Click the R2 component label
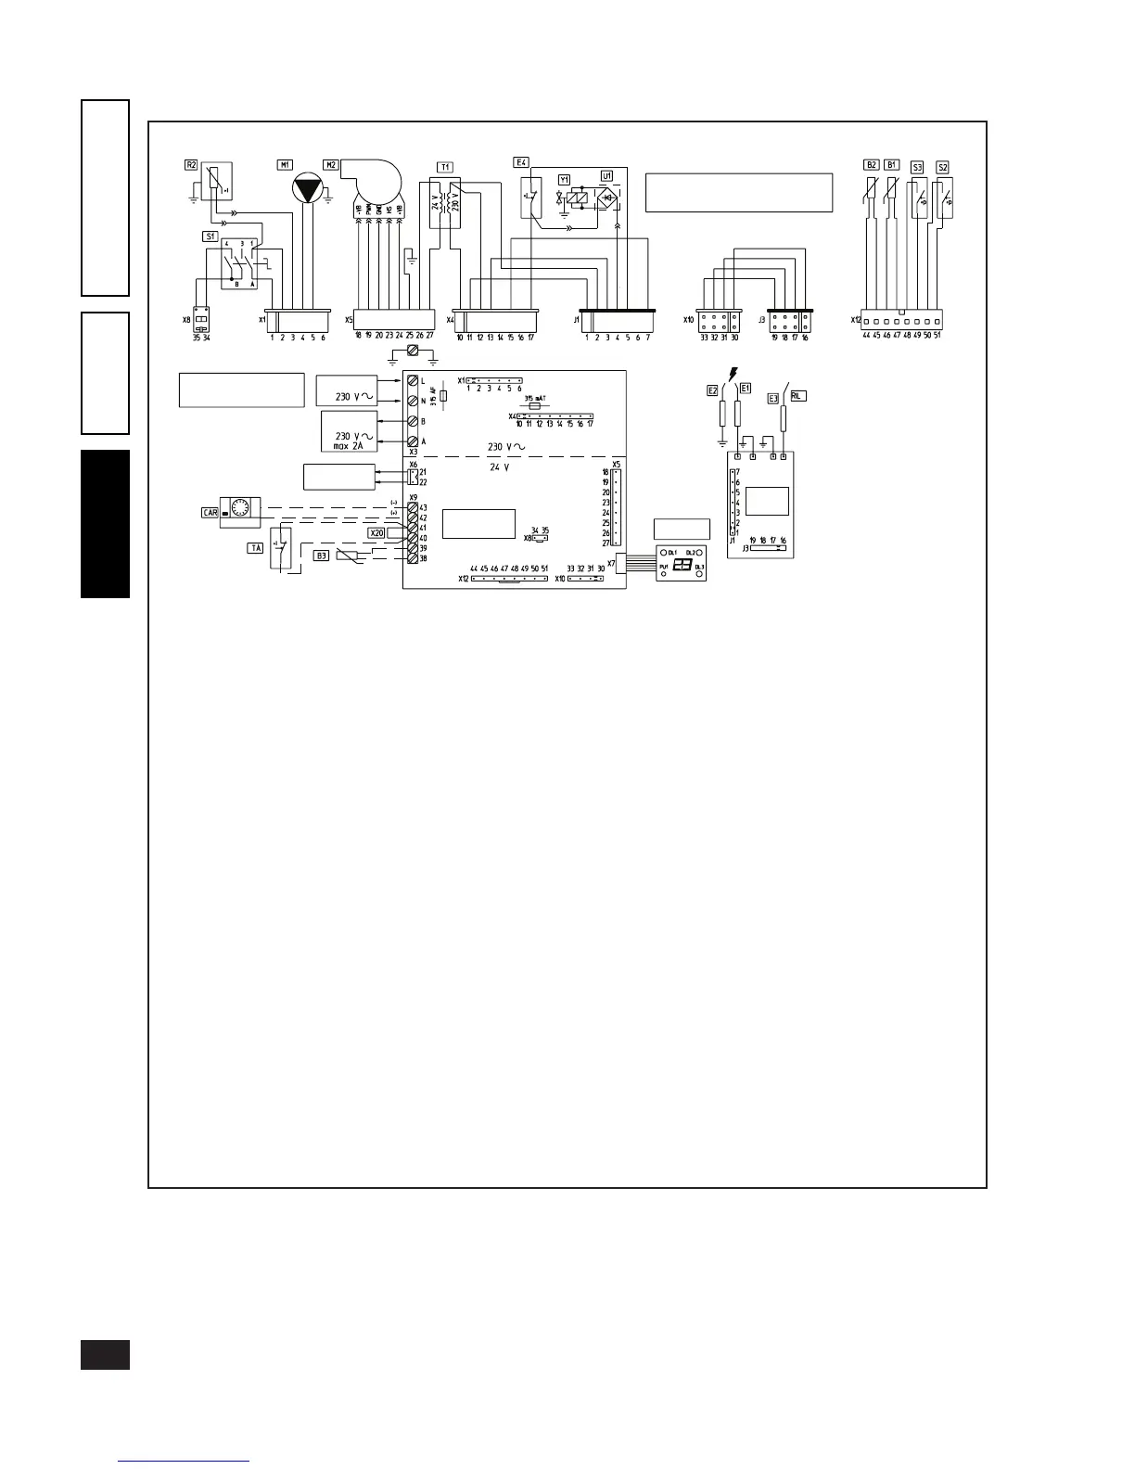(x=191, y=165)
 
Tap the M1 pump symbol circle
(x=303, y=189)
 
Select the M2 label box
(x=330, y=165)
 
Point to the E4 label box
(x=521, y=162)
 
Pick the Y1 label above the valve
(x=564, y=178)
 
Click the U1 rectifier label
(x=607, y=175)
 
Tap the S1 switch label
(x=210, y=236)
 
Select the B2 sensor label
(x=872, y=165)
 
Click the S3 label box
(x=917, y=167)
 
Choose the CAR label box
(x=210, y=512)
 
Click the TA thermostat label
(x=255, y=548)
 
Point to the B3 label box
(x=321, y=556)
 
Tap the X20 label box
(x=376, y=533)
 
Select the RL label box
(x=797, y=395)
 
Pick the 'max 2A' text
(x=349, y=446)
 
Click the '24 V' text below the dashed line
(x=500, y=467)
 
